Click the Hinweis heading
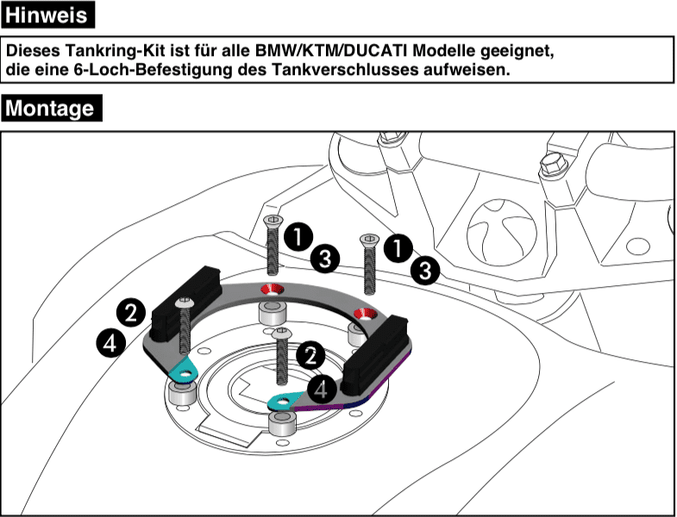point(48,16)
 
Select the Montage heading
point(53,109)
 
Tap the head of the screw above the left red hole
point(273,222)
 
